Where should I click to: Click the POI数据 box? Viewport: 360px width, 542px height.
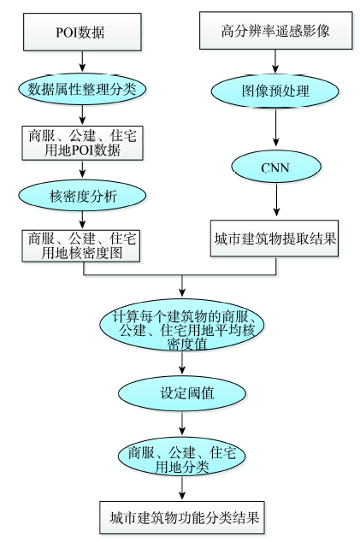82,32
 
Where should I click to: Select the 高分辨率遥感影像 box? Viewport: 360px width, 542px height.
275,31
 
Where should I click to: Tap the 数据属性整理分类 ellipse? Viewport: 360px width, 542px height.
82,89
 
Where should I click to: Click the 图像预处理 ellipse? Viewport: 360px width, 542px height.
275,91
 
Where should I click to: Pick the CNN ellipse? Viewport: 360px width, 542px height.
276,167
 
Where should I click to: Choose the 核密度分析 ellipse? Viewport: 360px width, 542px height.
82,196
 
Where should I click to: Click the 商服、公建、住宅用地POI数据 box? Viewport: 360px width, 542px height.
82,143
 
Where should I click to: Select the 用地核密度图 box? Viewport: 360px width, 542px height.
81,245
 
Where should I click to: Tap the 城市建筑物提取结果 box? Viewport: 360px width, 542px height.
274,239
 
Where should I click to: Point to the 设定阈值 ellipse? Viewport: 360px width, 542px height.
182,393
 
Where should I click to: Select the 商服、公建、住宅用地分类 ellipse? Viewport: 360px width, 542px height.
182,459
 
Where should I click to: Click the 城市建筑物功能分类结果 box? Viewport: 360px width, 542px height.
182,517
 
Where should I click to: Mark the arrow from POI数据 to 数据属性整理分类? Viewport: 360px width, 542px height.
82,62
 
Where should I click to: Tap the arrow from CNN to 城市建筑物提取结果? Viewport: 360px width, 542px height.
276,200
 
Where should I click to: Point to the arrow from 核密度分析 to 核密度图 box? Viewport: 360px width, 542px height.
82,220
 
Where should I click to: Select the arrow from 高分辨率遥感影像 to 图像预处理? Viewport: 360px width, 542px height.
275,62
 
